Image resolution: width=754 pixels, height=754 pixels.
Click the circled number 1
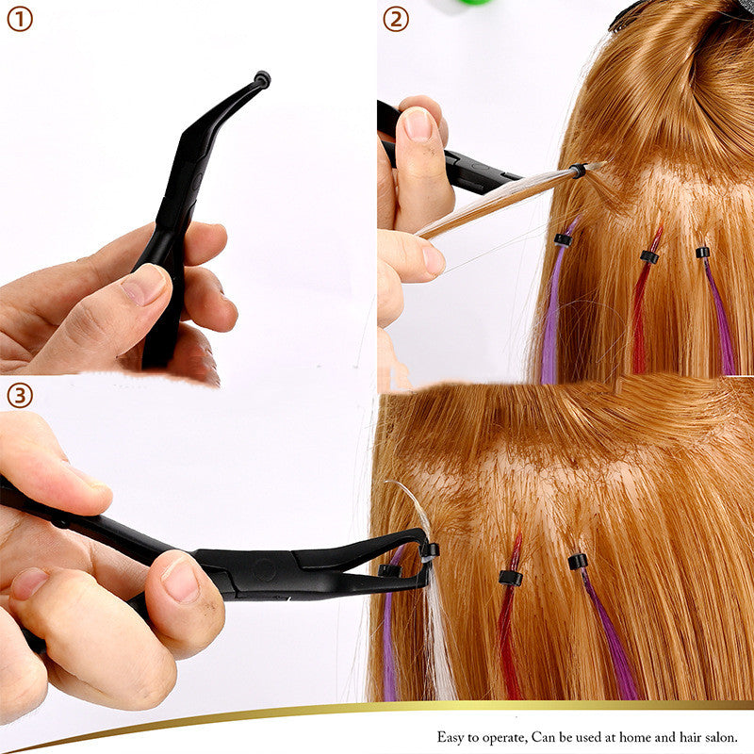tap(19, 19)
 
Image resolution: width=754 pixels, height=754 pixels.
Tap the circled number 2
tap(396, 19)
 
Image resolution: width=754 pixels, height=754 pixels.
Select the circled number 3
tap(19, 395)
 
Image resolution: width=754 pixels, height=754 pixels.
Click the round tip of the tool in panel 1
tap(262, 79)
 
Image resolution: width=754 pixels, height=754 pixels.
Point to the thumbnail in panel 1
tap(144, 285)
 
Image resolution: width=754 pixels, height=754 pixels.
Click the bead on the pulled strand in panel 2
tap(577, 171)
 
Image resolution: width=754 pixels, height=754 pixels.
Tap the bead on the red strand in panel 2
tap(648, 255)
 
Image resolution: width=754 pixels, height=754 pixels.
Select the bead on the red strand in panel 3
tap(510, 578)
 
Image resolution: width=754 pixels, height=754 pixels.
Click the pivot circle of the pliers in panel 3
tap(265, 570)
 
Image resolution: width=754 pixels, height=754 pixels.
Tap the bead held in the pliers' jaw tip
tap(430, 549)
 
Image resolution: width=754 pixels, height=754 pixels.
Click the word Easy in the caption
tap(451, 738)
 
